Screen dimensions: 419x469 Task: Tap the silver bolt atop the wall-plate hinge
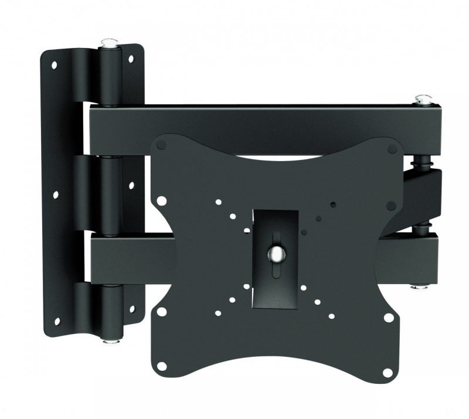(108, 43)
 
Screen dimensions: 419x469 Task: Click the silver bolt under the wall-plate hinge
(108, 339)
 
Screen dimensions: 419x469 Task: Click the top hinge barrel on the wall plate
(108, 76)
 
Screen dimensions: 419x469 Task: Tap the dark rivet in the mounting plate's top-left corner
(162, 144)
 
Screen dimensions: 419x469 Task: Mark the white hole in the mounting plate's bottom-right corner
(388, 370)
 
